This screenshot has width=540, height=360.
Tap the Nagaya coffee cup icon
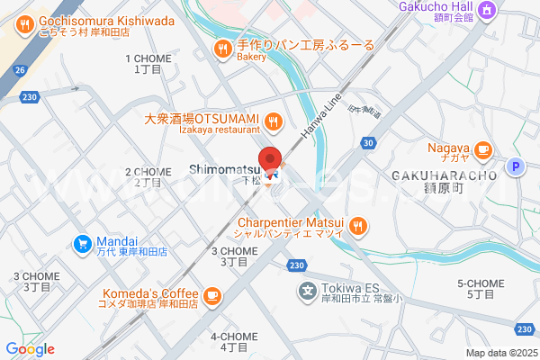[483, 148]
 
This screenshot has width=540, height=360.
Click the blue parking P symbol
[516, 166]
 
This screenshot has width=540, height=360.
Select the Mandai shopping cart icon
[82, 242]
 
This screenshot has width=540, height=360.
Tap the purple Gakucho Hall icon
[487, 9]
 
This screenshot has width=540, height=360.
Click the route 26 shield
[20, 69]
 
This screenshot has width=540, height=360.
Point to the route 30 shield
[368, 142]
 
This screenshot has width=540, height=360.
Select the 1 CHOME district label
[146, 63]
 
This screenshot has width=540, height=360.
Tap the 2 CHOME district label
[147, 176]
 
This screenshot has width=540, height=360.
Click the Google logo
[30, 349]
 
